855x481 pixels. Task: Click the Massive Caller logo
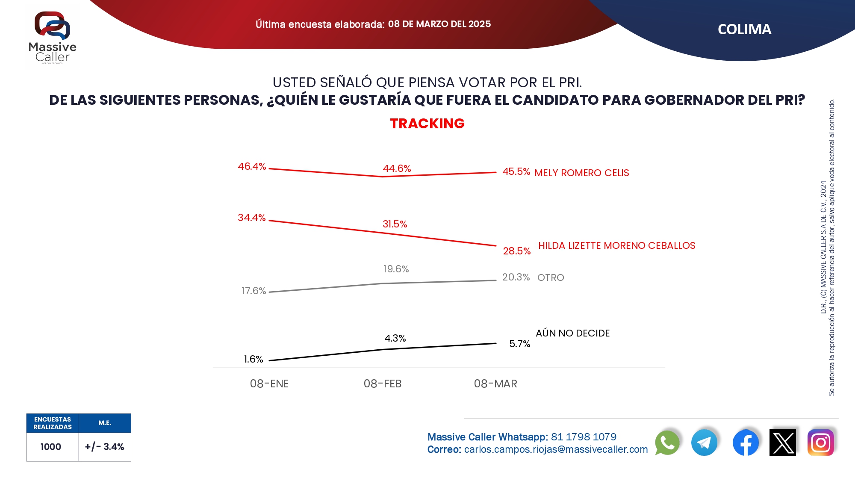52,38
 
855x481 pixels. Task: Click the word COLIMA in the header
744,30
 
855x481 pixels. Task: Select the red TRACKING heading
427,124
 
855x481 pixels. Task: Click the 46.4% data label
252,166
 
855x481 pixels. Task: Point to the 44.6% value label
397,168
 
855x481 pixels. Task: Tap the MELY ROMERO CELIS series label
581,173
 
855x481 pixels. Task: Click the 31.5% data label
395,224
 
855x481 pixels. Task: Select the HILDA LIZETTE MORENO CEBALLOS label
616,245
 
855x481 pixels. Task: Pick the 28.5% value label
516,251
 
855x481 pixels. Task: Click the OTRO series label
551,277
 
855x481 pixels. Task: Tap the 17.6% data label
254,291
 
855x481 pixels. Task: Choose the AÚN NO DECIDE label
572,333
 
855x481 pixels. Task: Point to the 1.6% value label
254,359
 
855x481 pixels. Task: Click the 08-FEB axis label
383,384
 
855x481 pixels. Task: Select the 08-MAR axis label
495,384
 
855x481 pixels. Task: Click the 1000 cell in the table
51,447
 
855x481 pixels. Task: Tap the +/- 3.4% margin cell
104,447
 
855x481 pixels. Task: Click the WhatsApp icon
667,443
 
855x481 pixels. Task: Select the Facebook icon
746,443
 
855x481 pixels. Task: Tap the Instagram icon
820,443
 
